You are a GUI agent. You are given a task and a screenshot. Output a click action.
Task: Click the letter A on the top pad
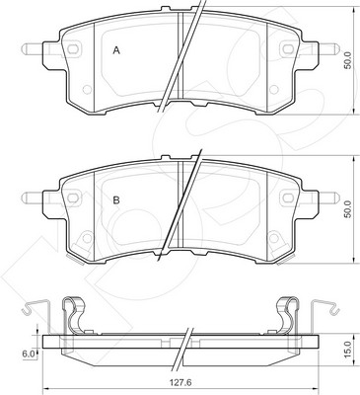pos(116,50)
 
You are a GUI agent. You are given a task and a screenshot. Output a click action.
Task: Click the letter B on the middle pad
pos(116,200)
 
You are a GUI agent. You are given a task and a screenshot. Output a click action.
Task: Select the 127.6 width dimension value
pos(180,383)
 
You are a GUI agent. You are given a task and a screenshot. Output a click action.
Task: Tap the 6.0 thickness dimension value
pos(28,355)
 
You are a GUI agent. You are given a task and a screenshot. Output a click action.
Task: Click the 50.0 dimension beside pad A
pos(348,60)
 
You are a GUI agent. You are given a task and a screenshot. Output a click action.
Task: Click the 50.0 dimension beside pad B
pos(348,208)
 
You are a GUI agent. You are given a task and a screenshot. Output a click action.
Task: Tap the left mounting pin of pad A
pos(33,49)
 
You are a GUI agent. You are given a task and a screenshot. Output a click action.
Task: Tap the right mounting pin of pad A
pos(328,49)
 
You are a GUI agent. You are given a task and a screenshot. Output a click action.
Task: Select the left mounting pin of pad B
pos(33,197)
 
